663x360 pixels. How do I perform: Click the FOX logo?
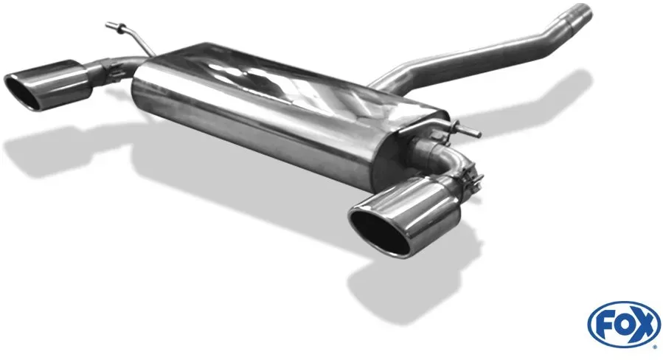coord(624,324)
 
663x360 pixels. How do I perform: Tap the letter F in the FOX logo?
coord(603,325)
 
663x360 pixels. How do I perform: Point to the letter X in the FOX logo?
coord(644,325)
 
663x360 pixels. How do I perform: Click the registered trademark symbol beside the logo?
coord(656,347)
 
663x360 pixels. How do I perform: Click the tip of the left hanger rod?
coord(108,24)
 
